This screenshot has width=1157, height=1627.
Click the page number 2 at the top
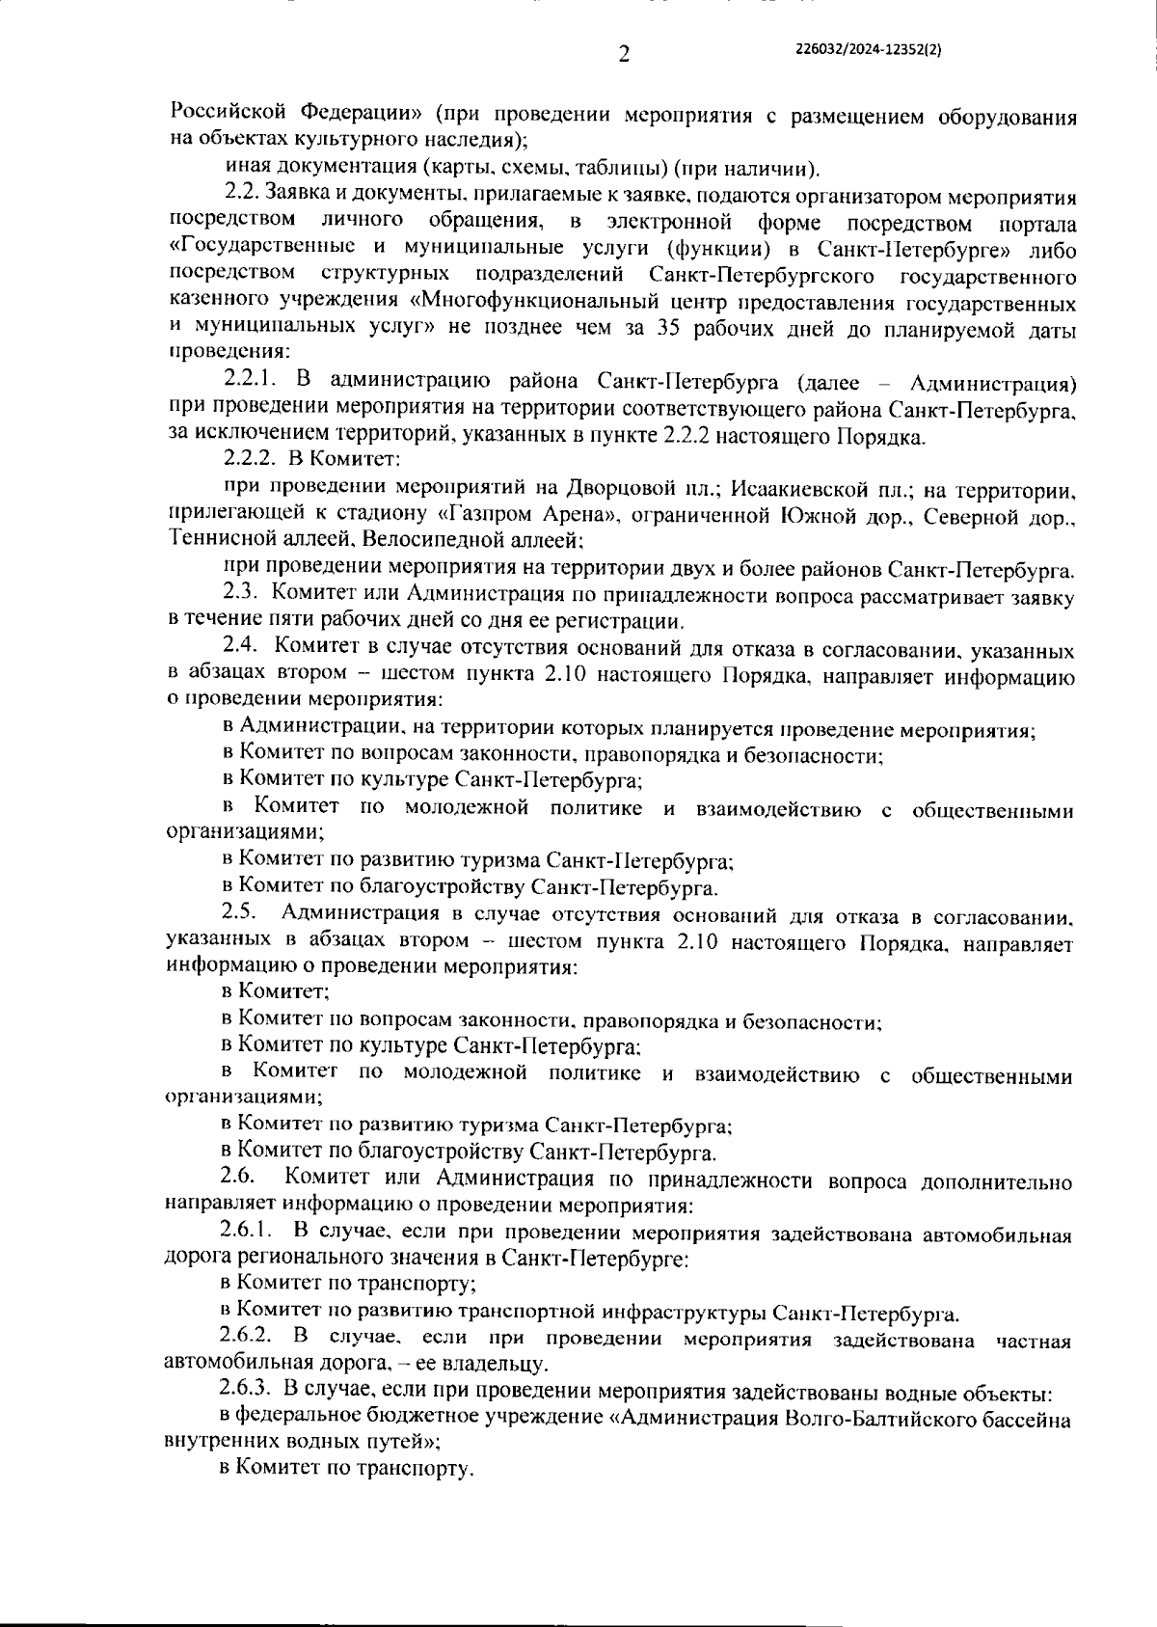tap(623, 55)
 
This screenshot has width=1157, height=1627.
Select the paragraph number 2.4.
tap(238, 647)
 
